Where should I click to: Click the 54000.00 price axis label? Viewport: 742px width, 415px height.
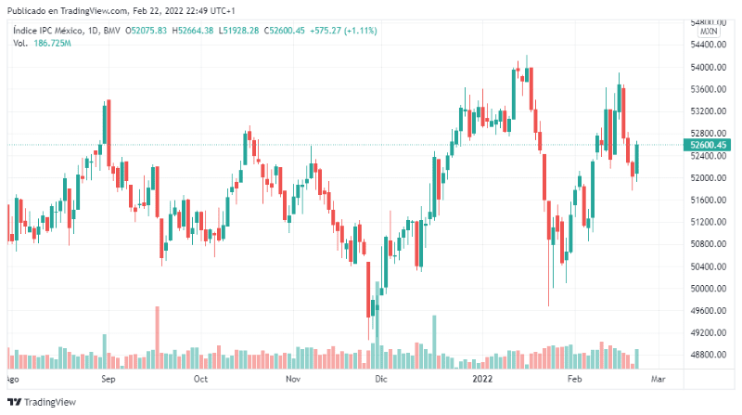click(709, 68)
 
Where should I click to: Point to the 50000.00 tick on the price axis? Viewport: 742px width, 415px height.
click(709, 289)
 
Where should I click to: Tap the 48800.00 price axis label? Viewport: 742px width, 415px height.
click(709, 355)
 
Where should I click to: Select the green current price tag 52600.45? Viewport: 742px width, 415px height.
click(709, 145)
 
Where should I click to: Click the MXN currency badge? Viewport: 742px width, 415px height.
click(709, 31)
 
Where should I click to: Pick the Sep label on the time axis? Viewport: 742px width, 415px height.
click(108, 379)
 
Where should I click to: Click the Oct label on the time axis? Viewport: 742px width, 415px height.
click(199, 379)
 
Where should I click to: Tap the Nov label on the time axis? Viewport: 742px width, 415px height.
click(293, 379)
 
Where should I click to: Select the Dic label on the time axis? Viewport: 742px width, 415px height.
click(380, 379)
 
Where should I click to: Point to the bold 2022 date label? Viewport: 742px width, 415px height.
click(482, 379)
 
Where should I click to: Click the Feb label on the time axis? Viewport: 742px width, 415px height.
click(575, 379)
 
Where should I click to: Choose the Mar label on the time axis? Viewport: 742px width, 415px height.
click(659, 379)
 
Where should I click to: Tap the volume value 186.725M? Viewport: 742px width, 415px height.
click(52, 43)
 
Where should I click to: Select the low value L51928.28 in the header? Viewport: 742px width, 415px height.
click(237, 31)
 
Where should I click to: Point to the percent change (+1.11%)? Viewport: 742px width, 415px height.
click(360, 31)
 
